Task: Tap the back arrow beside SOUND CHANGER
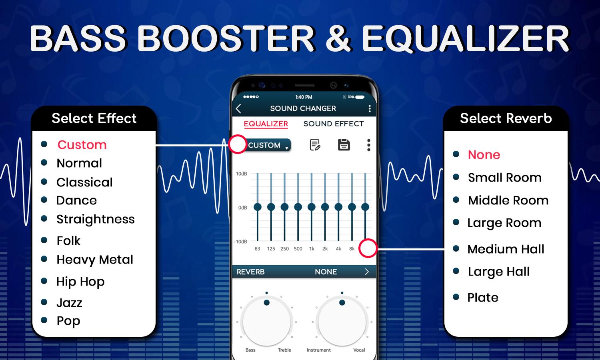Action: point(238,108)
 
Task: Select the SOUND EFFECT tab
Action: point(334,124)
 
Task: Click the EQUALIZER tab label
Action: point(266,124)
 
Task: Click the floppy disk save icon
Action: point(344,145)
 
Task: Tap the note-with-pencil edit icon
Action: point(315,145)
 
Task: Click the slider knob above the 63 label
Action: point(258,207)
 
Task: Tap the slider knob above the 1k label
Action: point(312,207)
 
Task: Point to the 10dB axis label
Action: point(241,174)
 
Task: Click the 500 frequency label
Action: point(298,248)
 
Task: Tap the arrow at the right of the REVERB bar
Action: point(367,272)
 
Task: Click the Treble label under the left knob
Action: point(284,350)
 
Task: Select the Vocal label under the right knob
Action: point(359,350)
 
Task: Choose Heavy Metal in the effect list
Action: point(95,260)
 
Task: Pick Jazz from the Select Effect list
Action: point(69,303)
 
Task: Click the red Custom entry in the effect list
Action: point(82,145)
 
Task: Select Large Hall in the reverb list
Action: point(498,272)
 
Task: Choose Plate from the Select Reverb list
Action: point(483,297)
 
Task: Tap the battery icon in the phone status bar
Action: point(360,97)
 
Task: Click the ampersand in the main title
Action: point(338,38)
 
